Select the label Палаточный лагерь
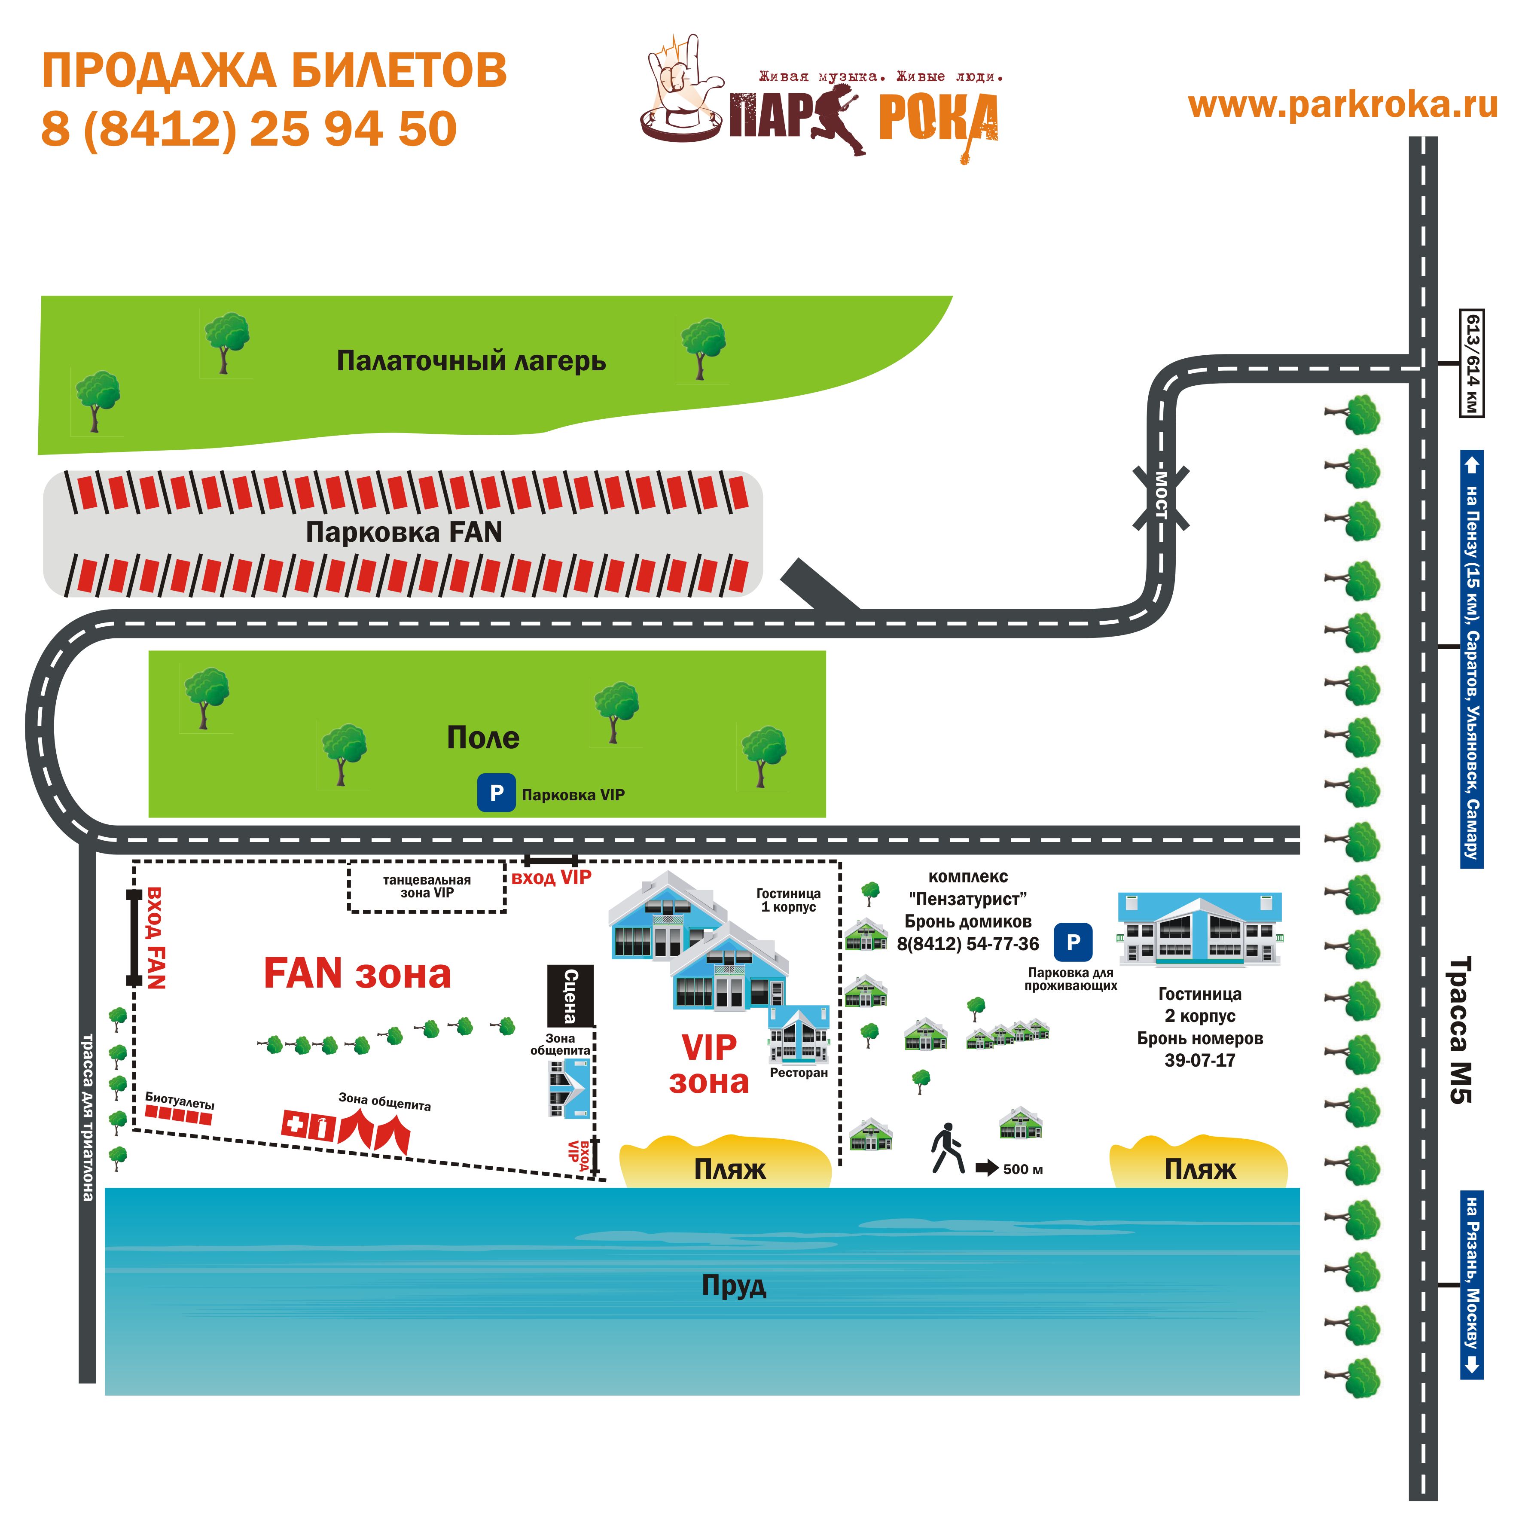(x=471, y=361)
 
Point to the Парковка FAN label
(x=403, y=533)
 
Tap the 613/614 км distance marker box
(x=1472, y=363)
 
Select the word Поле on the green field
(x=483, y=737)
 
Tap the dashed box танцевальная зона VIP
(x=427, y=886)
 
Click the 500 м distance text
(x=1022, y=1169)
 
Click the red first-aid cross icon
(x=295, y=1122)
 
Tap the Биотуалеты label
(x=180, y=1101)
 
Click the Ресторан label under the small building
(x=799, y=1072)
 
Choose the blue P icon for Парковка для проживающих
(x=1073, y=942)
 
